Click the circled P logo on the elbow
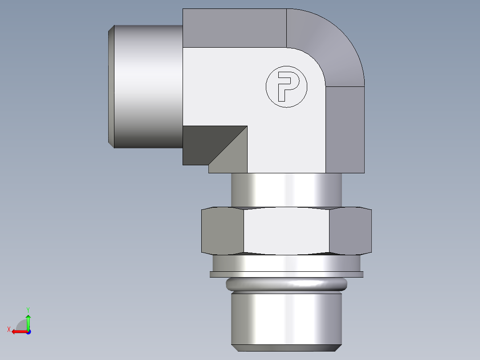point(286,87)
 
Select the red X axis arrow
point(18,331)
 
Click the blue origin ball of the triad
point(28,332)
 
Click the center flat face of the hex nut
point(286,231)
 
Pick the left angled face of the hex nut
point(223,231)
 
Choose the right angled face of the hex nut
point(350,231)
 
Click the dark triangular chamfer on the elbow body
point(205,143)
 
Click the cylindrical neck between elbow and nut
point(286,189)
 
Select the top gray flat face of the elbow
point(234,28)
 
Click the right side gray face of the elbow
point(345,129)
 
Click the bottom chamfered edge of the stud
point(286,348)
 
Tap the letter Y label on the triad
point(28,309)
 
